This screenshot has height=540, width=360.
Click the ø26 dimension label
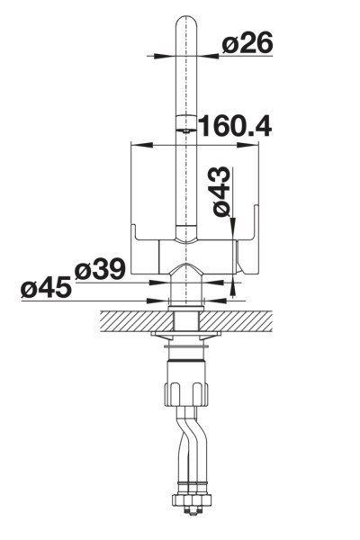[247, 42]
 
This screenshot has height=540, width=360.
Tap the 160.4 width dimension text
[236, 125]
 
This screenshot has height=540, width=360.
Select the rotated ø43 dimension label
[221, 191]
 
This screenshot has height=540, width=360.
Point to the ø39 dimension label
[100, 268]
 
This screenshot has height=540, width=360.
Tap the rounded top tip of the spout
[186, 17]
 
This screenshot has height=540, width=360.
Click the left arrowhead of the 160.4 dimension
[142, 145]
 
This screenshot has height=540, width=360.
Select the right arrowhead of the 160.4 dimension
[247, 145]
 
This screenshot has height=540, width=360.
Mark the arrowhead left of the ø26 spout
[165, 56]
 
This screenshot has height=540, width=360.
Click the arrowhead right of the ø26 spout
[207, 56]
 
